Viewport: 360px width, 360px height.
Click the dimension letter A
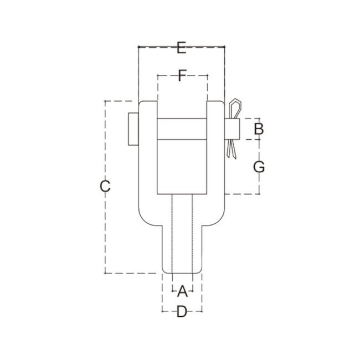tap(182, 290)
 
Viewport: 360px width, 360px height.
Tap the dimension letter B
tap(258, 129)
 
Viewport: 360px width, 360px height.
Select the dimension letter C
tap(105, 186)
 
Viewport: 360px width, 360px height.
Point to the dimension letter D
tap(182, 312)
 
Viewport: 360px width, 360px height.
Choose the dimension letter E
tap(181, 48)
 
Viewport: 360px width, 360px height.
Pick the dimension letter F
tap(182, 76)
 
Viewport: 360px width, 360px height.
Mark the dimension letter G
tap(258, 166)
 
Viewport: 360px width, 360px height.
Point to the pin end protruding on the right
tap(232, 129)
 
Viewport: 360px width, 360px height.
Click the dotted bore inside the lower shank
tap(182, 233)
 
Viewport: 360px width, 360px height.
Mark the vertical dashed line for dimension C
tap(105, 233)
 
